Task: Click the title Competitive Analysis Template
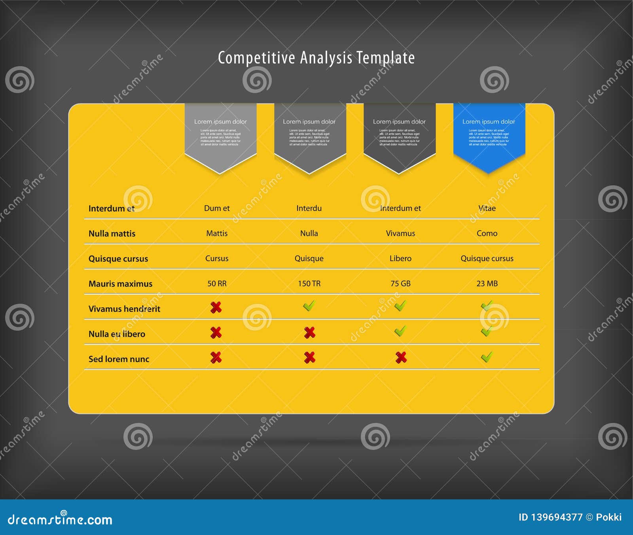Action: (x=316, y=58)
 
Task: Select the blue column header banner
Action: (x=489, y=135)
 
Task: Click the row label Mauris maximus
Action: (x=120, y=284)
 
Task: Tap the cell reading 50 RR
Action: (x=217, y=284)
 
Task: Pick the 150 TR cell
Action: (x=309, y=284)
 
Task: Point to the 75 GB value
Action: (x=400, y=284)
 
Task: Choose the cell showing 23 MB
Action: (x=487, y=284)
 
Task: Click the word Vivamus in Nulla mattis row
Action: (x=400, y=233)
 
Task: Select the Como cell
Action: (x=487, y=233)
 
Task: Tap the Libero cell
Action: (x=400, y=259)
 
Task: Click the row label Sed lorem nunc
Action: (x=119, y=359)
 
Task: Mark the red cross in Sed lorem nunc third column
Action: (x=401, y=358)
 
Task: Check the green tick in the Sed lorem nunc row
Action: (x=487, y=357)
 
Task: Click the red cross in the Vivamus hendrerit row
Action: (x=216, y=307)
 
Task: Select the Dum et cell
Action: (x=217, y=208)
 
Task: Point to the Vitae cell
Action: (x=487, y=208)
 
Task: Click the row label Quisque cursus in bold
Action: (x=118, y=259)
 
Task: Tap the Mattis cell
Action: (x=217, y=233)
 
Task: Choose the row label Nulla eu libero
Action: (x=117, y=334)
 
